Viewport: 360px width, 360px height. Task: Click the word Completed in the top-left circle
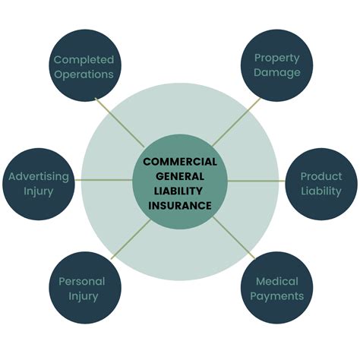coord(83,59)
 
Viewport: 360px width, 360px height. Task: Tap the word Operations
coord(83,74)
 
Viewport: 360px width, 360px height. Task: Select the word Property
coord(277,58)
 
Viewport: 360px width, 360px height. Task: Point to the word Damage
coord(277,73)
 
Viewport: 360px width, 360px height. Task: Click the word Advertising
coord(39,176)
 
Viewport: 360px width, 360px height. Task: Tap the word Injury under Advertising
coord(39,191)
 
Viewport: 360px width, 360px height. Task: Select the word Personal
coord(81,281)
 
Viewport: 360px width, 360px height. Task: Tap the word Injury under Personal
coord(81,296)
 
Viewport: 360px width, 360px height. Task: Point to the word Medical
coord(277,281)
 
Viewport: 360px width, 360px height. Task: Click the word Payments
coord(277,296)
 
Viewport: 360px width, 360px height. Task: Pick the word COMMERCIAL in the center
coord(180,162)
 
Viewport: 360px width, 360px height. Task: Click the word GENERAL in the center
coord(180,176)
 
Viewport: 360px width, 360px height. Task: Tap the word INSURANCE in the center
coord(180,205)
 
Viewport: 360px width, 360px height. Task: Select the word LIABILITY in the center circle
coord(180,191)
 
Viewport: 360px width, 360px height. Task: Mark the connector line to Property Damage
coord(231,126)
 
